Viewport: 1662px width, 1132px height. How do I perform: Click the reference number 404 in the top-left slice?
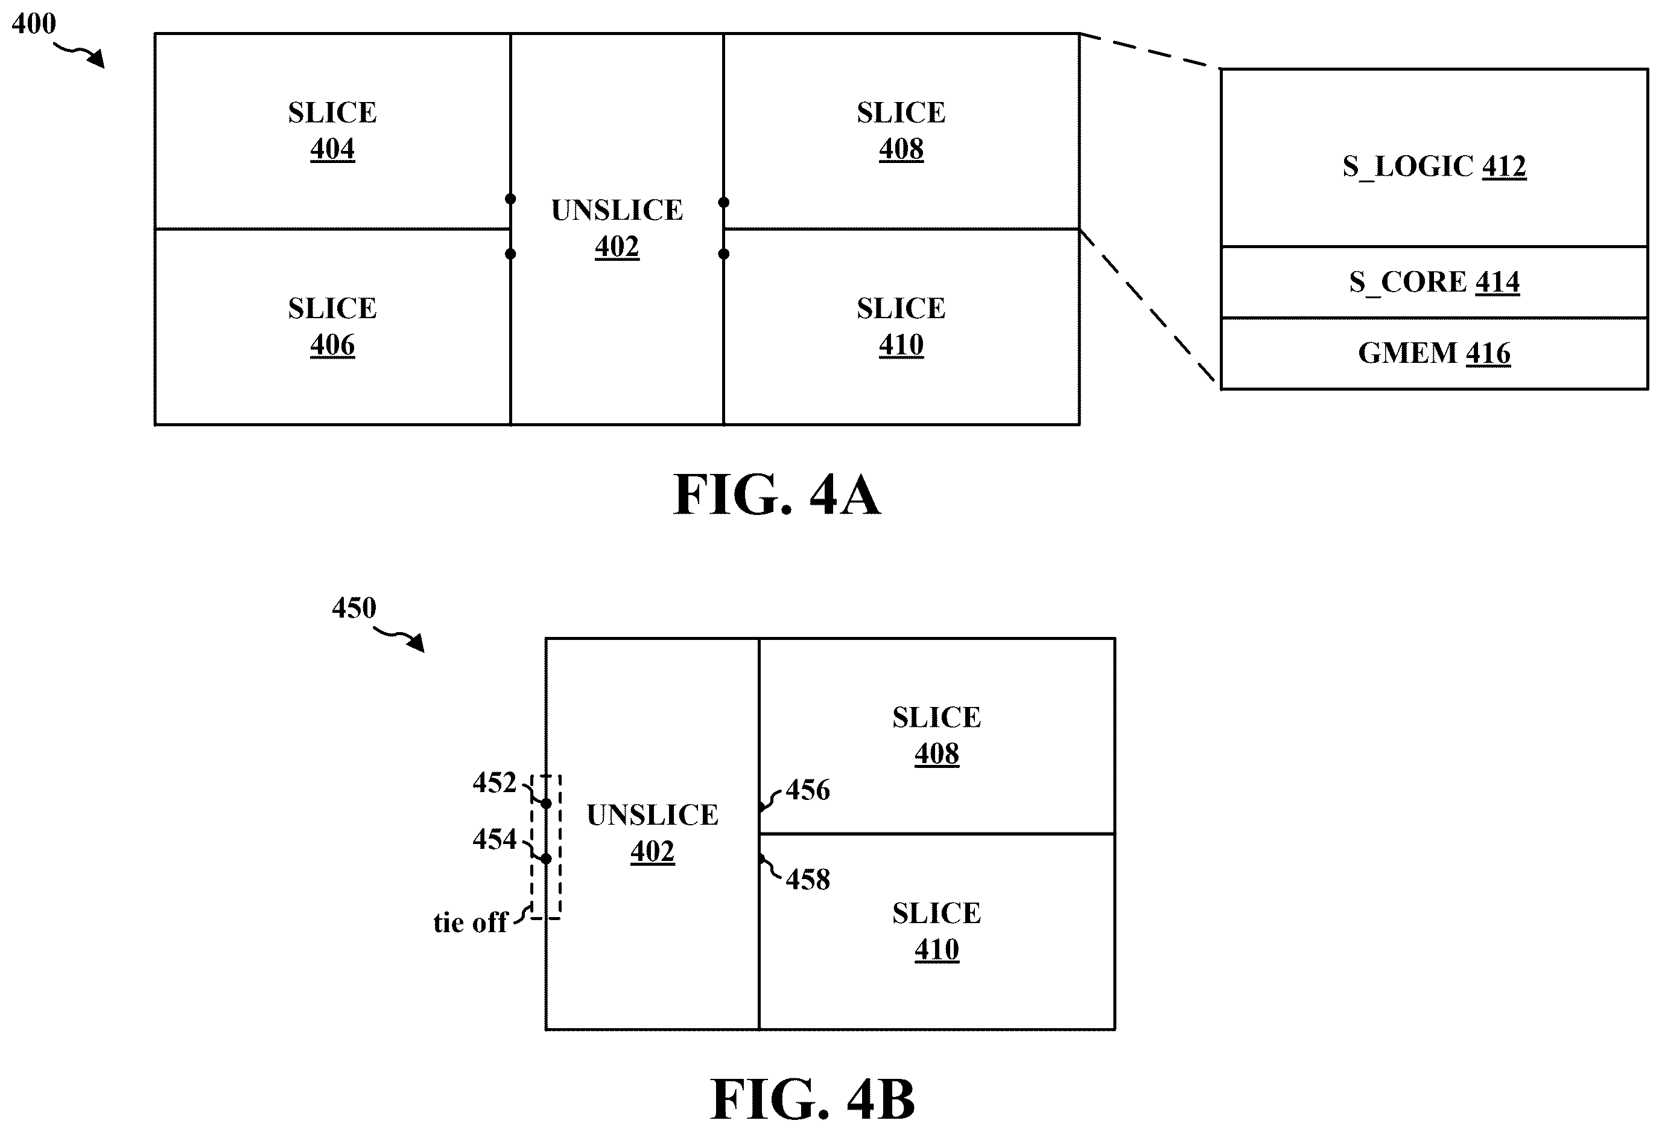tap(332, 149)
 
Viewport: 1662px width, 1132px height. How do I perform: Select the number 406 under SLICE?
tap(332, 345)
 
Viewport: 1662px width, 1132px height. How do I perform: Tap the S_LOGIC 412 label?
tap(1435, 167)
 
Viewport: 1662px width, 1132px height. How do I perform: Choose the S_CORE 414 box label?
tap(1435, 282)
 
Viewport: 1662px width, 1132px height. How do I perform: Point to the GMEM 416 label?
tap(1435, 353)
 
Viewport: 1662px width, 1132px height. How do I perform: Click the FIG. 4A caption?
tap(778, 494)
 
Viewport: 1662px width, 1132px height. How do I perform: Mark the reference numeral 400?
tap(34, 24)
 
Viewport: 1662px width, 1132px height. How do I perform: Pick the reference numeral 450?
tap(354, 608)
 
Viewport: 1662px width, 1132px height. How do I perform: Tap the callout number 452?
tap(494, 783)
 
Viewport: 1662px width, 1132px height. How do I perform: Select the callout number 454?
tap(494, 839)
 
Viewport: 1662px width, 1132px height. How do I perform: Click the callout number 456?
tap(808, 790)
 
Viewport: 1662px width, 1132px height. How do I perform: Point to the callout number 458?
tap(808, 880)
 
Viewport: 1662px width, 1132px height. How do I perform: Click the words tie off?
tap(471, 923)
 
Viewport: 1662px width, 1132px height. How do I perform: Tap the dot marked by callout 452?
tap(546, 804)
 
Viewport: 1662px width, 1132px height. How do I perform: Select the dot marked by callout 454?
tap(546, 859)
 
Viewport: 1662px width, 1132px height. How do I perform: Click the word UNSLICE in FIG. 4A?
tap(617, 210)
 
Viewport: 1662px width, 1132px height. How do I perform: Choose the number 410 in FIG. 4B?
tap(937, 950)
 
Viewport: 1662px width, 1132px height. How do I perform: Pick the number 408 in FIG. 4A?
tap(901, 149)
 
